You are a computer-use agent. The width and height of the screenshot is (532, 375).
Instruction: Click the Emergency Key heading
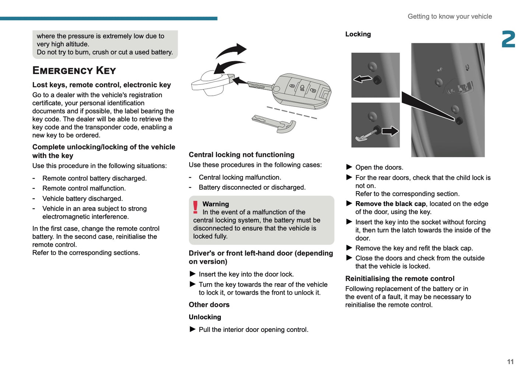tap(74, 70)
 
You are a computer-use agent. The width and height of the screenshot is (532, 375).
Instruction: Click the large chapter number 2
tap(508, 39)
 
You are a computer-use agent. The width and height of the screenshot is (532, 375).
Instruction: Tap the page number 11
tap(510, 362)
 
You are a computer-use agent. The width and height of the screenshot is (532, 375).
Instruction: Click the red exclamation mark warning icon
tap(195, 207)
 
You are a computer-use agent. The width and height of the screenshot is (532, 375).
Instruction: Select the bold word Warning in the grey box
tap(215, 204)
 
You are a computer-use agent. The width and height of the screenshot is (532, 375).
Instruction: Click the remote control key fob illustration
tap(302, 91)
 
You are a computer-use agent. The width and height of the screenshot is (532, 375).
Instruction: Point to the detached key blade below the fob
tap(274, 124)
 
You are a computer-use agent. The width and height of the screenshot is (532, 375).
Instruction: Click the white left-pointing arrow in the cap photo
tap(363, 79)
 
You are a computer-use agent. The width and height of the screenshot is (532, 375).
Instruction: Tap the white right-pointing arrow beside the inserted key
tap(390, 131)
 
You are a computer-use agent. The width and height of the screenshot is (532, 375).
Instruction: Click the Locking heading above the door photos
tap(358, 34)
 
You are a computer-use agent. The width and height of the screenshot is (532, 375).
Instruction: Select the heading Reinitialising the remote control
tap(399, 279)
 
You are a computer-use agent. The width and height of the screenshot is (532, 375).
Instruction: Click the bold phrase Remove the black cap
tap(390, 204)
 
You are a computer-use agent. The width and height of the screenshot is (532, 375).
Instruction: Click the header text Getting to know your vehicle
tap(450, 17)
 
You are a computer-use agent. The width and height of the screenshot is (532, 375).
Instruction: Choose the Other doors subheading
tap(209, 305)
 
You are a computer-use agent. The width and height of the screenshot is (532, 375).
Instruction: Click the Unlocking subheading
tap(205, 317)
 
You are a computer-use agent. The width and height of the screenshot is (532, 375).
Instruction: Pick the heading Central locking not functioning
tap(242, 155)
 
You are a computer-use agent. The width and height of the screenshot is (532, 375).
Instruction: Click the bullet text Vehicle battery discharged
tap(82, 199)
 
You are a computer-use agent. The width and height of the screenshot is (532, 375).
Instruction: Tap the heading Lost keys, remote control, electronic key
tap(102, 85)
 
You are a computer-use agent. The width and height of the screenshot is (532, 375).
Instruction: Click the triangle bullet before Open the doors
tap(349, 167)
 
